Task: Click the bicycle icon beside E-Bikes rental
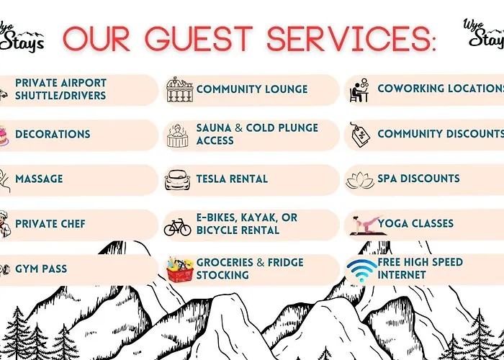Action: pyautogui.click(x=177, y=227)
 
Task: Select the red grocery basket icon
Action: pyautogui.click(x=180, y=269)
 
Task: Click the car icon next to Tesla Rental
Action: pyautogui.click(x=177, y=180)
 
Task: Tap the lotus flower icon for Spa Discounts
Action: pyautogui.click(x=360, y=180)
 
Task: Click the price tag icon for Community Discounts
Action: pyautogui.click(x=360, y=135)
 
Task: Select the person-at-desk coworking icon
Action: pyautogui.click(x=359, y=90)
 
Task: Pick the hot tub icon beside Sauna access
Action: pyautogui.click(x=177, y=135)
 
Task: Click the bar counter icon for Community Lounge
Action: pyautogui.click(x=180, y=90)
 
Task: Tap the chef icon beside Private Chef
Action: pyautogui.click(x=4, y=224)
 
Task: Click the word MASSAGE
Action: pyautogui.click(x=39, y=179)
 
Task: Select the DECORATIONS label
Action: pyautogui.click(x=53, y=134)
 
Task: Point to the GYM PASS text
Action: pyautogui.click(x=41, y=269)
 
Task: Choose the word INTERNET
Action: pyautogui.click(x=402, y=275)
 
